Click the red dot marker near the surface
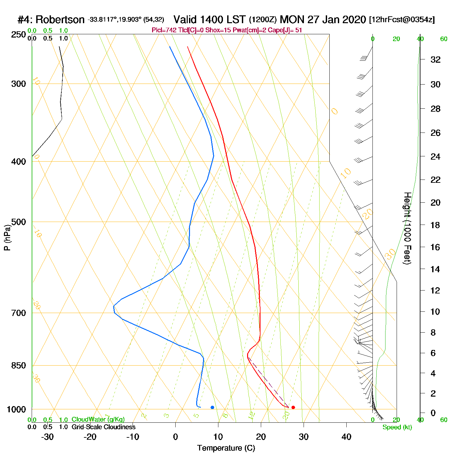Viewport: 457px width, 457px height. point(293,407)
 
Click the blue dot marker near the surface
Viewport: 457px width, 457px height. point(212,407)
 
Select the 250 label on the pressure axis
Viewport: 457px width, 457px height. point(19,35)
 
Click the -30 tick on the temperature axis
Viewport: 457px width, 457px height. point(47,437)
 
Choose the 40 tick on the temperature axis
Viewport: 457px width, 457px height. point(346,437)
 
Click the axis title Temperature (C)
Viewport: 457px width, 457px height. point(226,448)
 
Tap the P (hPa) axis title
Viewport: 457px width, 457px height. point(7,237)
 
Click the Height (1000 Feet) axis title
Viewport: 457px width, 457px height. point(407,228)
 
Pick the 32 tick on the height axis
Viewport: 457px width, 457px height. point(435,59)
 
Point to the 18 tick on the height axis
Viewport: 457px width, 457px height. point(435,225)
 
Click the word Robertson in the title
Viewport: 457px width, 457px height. point(60,20)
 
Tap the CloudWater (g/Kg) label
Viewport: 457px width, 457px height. point(98,419)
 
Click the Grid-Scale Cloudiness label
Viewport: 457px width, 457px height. point(103,427)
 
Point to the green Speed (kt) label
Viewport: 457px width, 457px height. point(397,427)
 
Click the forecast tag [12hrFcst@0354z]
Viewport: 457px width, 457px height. point(402,20)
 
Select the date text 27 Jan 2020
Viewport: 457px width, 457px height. point(337,20)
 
